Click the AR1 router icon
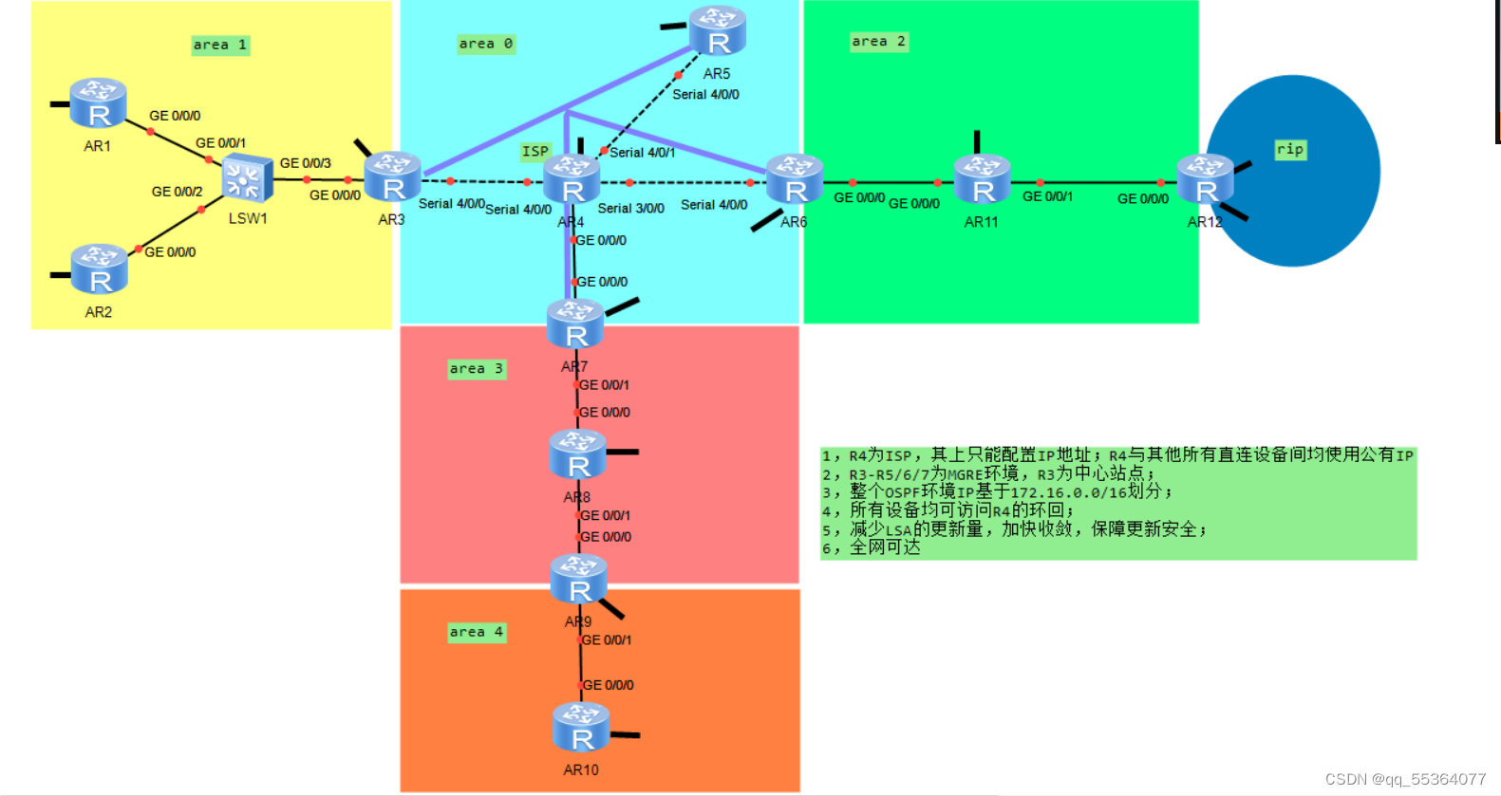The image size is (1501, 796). tap(98, 104)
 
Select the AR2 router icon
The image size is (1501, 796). tap(99, 270)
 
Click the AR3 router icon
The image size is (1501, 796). tap(392, 177)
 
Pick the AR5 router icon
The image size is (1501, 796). tap(717, 31)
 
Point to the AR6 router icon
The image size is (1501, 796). tap(795, 180)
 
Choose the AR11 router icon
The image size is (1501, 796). tap(982, 180)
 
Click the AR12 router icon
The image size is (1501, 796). tap(1205, 180)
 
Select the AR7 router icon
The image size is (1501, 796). tap(575, 324)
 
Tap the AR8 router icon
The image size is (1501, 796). tap(577, 454)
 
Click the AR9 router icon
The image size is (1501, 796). tap(579, 580)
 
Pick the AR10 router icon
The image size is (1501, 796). tap(581, 728)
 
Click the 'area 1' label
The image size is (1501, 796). tap(220, 45)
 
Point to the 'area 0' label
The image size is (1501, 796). tap(486, 44)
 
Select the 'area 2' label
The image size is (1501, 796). tap(879, 42)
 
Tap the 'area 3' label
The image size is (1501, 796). tap(477, 369)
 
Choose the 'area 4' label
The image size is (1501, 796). tap(477, 633)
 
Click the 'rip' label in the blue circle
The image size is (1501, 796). tap(1290, 150)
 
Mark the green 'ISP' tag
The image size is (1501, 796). tap(535, 152)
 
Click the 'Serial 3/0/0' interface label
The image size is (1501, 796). tap(630, 209)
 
